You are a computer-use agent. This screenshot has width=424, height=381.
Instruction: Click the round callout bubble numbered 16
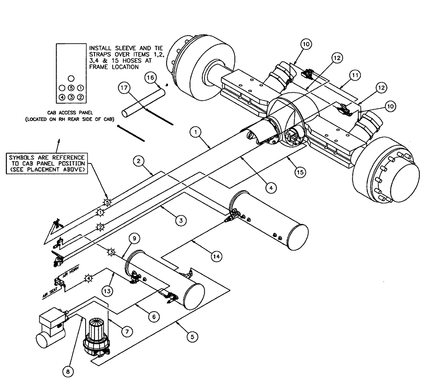150,78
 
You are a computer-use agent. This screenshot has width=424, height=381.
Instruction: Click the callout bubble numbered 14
215,256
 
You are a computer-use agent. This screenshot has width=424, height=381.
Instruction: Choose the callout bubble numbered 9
134,239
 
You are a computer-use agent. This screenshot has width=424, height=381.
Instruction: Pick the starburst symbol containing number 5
107,202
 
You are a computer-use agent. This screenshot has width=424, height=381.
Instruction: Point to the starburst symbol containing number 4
89,278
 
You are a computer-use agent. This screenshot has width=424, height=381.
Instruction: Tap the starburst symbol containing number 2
100,226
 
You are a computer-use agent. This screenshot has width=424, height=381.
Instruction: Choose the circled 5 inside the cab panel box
71,88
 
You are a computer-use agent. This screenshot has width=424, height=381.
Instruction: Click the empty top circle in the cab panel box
71,78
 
